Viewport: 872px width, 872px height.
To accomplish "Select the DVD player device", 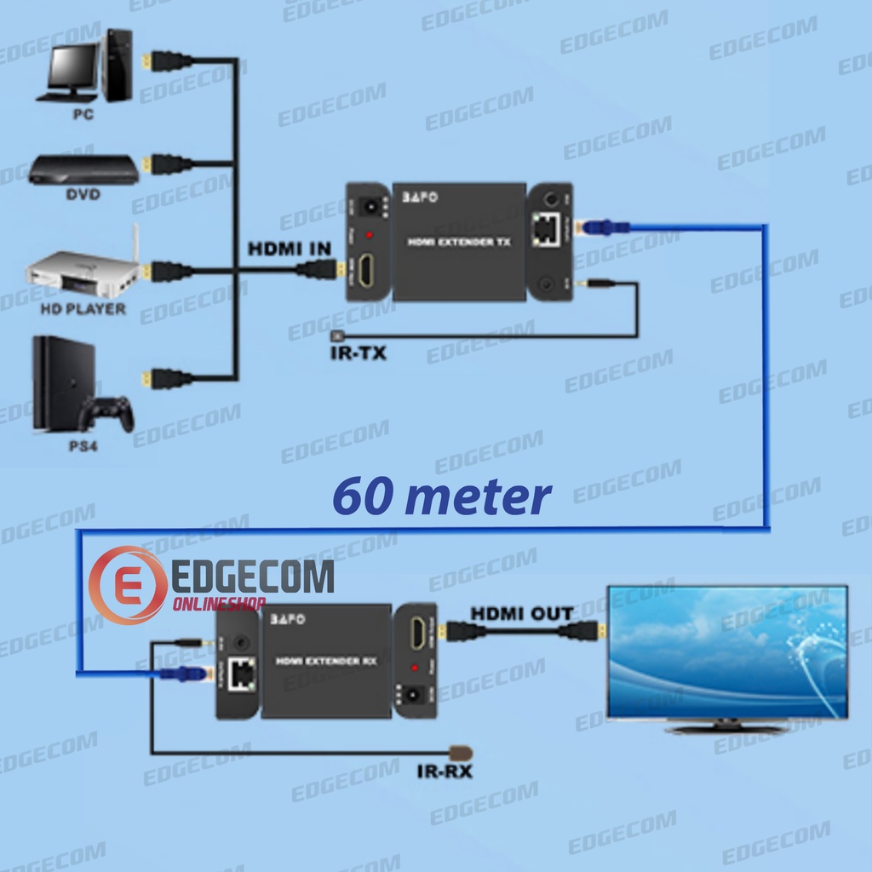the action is tap(83, 169).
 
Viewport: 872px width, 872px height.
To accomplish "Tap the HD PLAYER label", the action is tap(83, 308).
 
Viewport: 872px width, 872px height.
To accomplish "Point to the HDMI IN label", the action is tap(289, 250).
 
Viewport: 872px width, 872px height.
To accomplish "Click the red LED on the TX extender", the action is tap(369, 234).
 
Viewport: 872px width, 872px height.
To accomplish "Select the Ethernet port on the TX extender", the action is tap(544, 228).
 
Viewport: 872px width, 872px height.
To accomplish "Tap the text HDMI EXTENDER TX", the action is tap(459, 242).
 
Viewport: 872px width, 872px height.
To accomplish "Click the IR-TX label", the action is tap(358, 352).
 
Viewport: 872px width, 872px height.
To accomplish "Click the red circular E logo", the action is tap(128, 585).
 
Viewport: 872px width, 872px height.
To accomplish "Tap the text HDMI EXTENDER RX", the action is tap(326, 661).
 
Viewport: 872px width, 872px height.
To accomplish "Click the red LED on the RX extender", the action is tap(415, 667).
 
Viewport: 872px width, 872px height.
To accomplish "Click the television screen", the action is tap(726, 652).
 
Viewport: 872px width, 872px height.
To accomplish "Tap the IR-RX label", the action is tap(445, 772).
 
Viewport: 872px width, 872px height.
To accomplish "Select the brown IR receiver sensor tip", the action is tap(461, 754).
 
